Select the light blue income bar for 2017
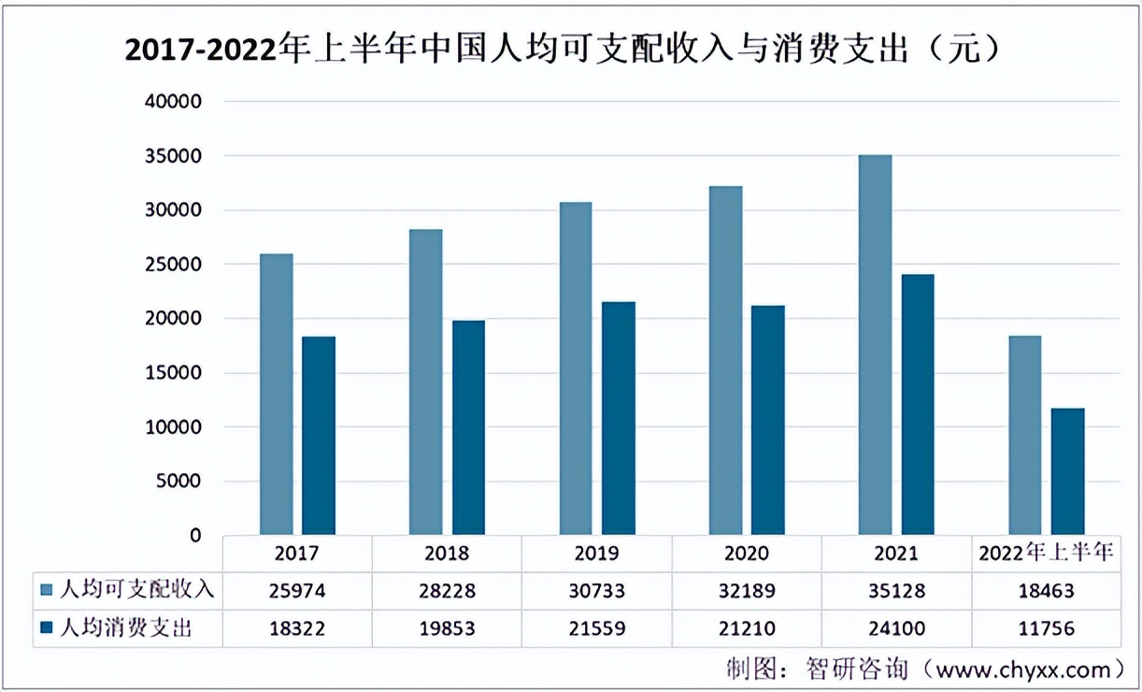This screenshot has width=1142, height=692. (x=277, y=394)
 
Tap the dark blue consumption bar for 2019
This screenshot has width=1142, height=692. (x=619, y=418)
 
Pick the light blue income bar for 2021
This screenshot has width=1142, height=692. (x=875, y=345)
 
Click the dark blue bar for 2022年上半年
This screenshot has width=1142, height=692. (x=1068, y=471)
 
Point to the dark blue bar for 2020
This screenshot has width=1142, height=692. (x=768, y=420)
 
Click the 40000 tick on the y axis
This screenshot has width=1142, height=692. (x=174, y=101)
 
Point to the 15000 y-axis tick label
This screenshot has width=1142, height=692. (x=174, y=373)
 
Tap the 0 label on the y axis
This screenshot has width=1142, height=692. (x=194, y=536)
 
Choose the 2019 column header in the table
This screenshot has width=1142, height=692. (x=597, y=554)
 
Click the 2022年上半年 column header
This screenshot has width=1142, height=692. (x=1046, y=554)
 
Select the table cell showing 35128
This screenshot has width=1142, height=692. (x=896, y=590)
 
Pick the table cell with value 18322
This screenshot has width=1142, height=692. (x=297, y=628)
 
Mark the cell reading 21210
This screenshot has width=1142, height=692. (x=747, y=628)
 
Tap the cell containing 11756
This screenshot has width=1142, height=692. (x=1046, y=628)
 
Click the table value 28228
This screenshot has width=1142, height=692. (x=447, y=590)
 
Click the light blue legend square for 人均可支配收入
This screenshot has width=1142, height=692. (x=47, y=590)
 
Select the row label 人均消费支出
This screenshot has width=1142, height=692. (x=125, y=628)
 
